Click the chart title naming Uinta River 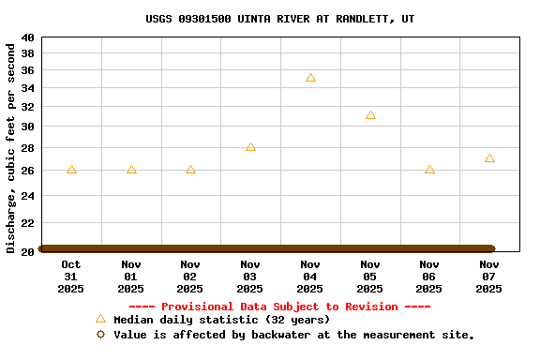(280, 19)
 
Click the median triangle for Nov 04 (310, 78)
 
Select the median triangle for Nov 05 (370, 115)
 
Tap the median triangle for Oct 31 (71, 170)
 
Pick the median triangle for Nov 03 (250, 147)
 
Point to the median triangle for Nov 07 (489, 158)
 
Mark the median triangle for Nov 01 (131, 170)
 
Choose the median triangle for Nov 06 (429, 170)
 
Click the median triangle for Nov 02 (190, 170)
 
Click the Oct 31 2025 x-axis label (71, 277)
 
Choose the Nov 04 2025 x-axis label (310, 277)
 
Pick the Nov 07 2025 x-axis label (489, 277)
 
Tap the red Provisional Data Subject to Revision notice (279, 307)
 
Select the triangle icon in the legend (100, 319)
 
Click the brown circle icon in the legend (100, 335)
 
